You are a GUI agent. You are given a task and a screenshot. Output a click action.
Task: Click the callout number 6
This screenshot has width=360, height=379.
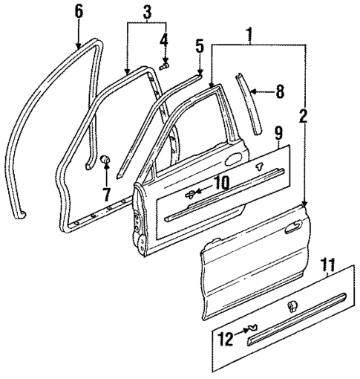pyautogui.click(x=80, y=10)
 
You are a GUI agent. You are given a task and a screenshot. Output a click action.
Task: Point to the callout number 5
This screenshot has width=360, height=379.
pyautogui.click(x=199, y=45)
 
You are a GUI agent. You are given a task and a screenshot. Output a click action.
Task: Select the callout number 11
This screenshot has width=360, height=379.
pyautogui.click(x=327, y=263)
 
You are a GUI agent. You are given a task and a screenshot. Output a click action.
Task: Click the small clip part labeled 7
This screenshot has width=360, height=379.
pyautogui.click(x=105, y=159)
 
